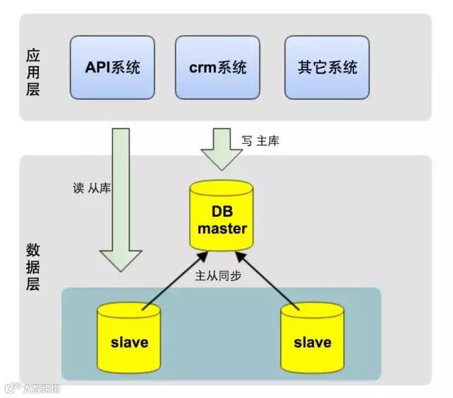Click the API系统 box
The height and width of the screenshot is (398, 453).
click(x=112, y=69)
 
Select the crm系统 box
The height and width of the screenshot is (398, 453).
click(x=218, y=69)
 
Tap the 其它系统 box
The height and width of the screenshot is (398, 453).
click(x=327, y=69)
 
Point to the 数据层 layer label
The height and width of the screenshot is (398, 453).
click(x=33, y=268)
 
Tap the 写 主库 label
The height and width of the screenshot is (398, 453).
click(x=260, y=141)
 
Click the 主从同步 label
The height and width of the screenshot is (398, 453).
click(x=218, y=275)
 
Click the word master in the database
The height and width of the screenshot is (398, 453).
click(x=222, y=229)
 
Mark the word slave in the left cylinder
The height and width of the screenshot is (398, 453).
click(x=129, y=343)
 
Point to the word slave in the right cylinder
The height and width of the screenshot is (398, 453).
click(x=311, y=343)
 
